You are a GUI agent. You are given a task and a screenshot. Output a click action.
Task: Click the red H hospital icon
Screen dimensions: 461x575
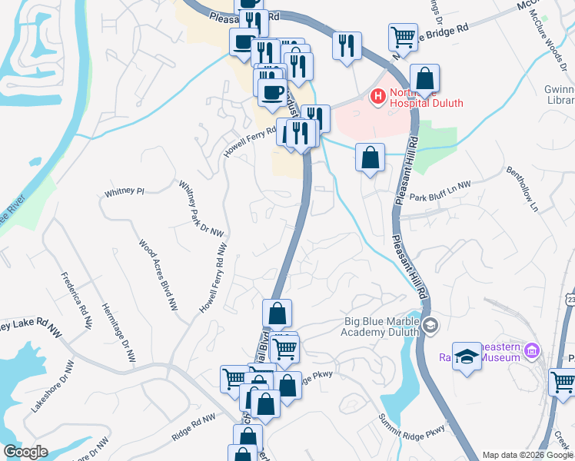click(x=377, y=97)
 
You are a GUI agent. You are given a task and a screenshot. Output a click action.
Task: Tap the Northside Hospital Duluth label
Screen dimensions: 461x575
click(x=425, y=97)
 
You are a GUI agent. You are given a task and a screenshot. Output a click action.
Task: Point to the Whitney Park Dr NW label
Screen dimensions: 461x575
click(x=194, y=207)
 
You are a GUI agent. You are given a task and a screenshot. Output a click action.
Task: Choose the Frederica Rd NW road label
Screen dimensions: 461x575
click(x=75, y=296)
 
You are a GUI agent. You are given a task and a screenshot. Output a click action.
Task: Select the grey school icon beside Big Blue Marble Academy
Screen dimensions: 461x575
click(x=430, y=327)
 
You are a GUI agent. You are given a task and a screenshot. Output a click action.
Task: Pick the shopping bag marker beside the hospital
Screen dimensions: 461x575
click(x=424, y=78)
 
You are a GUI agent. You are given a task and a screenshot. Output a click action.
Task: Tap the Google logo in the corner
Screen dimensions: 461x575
click(x=25, y=452)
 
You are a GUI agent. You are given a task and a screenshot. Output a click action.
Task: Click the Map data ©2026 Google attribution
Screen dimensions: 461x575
click(x=527, y=455)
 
